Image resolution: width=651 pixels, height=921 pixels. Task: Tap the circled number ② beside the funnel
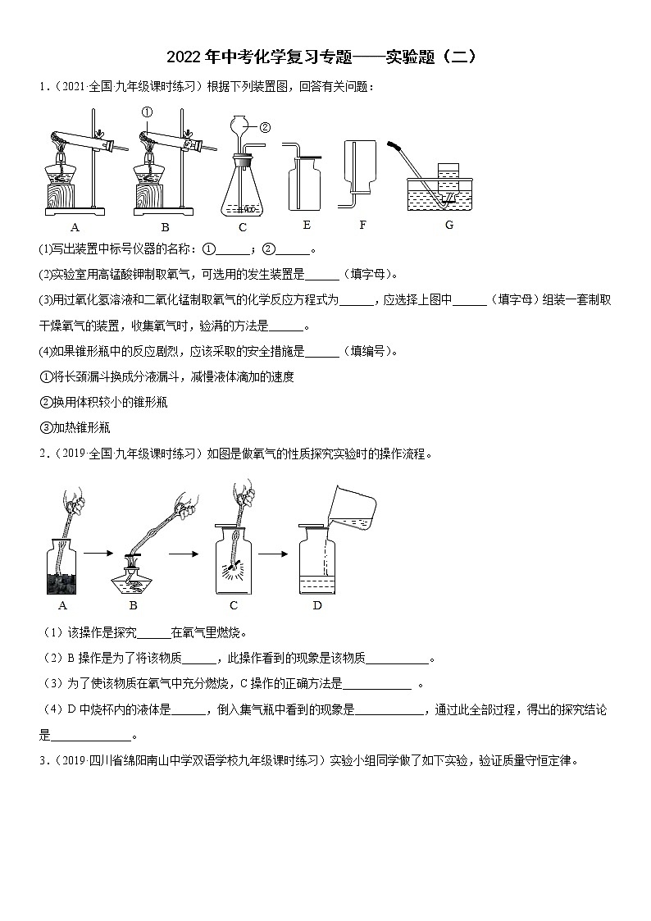[x=265, y=127]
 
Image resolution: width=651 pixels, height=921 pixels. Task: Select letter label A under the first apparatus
[x=75, y=227]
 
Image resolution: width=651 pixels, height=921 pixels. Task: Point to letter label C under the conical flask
[x=243, y=227]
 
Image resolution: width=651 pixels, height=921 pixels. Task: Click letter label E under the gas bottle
[x=307, y=225]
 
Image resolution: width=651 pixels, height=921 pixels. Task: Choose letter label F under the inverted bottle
[x=362, y=225]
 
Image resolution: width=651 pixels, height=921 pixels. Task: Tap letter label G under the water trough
[x=448, y=225]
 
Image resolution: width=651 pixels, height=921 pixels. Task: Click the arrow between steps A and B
[x=97, y=554]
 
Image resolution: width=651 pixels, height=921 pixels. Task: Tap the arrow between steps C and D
[x=273, y=554]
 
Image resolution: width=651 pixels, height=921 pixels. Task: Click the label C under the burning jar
[x=234, y=605]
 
